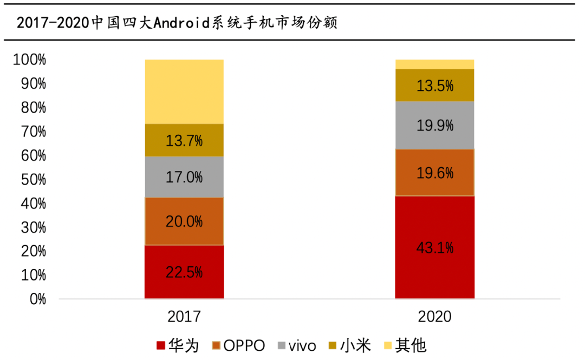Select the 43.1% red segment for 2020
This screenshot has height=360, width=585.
click(434, 247)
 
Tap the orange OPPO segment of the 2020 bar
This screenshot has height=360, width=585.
click(434, 173)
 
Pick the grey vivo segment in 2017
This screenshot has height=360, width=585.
click(184, 177)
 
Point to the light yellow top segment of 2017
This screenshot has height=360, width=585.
click(184, 91)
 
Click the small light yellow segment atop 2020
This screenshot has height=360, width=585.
click(434, 64)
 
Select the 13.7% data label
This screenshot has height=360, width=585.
click(184, 141)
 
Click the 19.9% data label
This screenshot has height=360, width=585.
click(434, 126)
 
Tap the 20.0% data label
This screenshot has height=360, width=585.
click(184, 221)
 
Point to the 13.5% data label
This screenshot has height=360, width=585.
click(434, 86)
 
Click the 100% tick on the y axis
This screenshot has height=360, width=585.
click(29, 60)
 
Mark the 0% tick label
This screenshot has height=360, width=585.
click(37, 299)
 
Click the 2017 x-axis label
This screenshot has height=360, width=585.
click(184, 317)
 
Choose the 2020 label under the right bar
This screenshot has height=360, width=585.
click(434, 317)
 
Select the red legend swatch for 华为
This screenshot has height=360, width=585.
click(160, 345)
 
